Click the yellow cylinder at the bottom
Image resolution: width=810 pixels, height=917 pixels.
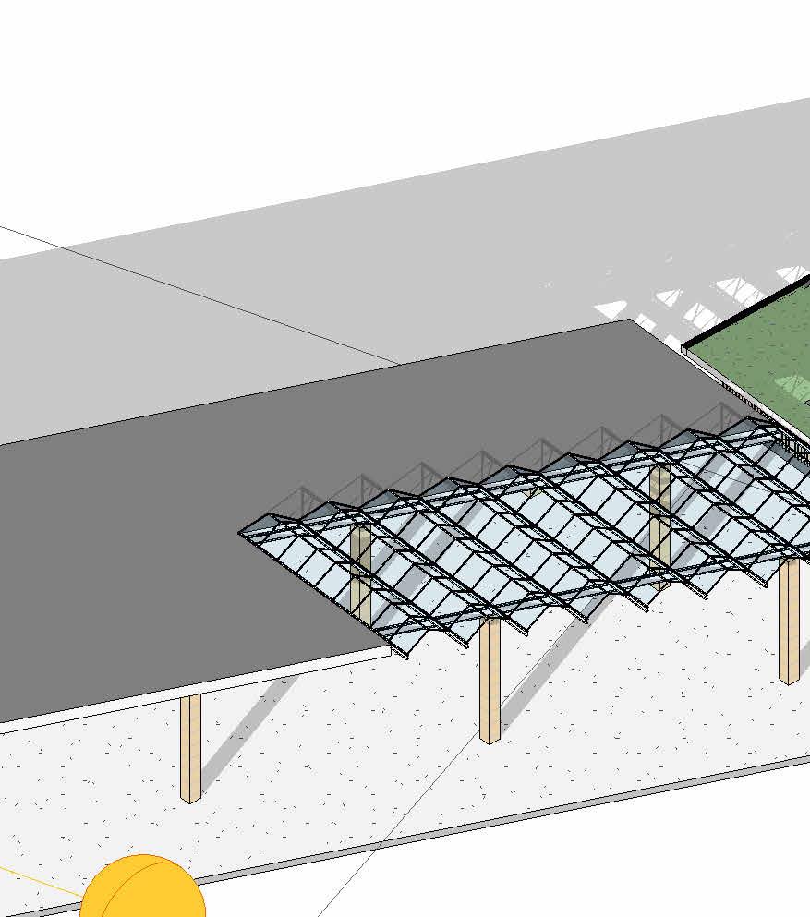click(142, 888)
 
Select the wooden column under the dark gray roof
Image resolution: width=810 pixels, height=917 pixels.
click(190, 748)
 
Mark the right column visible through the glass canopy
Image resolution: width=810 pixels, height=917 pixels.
click(659, 526)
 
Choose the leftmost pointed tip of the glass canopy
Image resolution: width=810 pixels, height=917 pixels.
click(242, 532)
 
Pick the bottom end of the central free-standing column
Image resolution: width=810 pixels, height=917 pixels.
click(490, 737)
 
